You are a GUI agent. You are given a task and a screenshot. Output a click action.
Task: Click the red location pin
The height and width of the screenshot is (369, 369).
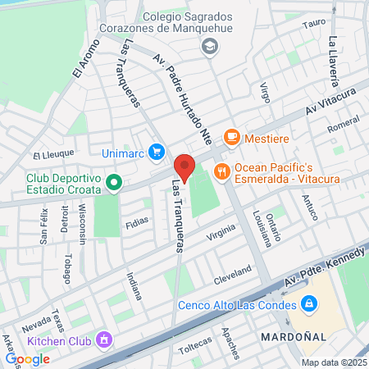[x=184, y=167]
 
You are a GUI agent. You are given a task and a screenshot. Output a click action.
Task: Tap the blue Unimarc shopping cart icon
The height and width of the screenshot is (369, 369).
[x=157, y=152]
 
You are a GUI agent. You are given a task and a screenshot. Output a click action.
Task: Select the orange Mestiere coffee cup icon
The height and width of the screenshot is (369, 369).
[x=232, y=137]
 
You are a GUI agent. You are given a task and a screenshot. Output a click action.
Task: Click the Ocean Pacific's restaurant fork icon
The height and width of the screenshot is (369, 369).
[x=221, y=171]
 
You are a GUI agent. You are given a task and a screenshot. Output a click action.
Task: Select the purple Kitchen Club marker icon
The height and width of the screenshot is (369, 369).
[x=104, y=338]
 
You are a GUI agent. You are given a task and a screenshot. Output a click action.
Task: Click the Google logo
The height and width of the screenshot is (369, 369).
[x=27, y=358]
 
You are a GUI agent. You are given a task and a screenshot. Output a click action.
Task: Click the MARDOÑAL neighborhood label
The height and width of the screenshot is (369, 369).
[x=293, y=337]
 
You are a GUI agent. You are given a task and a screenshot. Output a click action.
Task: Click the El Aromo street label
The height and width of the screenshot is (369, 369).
[x=84, y=60]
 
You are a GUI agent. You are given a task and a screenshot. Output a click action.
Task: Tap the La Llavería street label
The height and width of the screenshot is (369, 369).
[x=333, y=61]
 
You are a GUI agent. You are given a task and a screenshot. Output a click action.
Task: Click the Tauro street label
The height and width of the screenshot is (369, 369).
[x=314, y=23]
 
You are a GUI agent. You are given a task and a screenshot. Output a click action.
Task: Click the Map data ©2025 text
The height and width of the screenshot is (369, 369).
[x=332, y=362]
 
